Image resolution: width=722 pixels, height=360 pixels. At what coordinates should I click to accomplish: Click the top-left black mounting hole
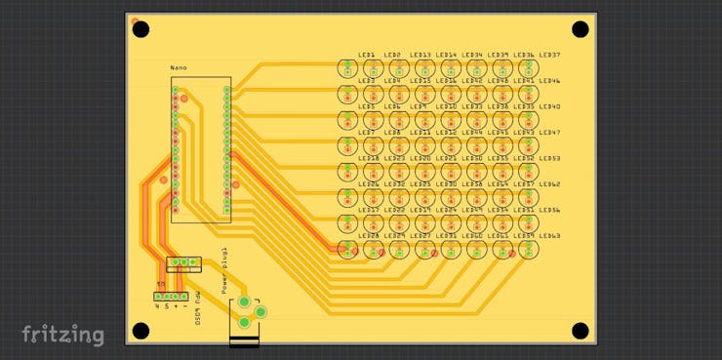tap(140, 29)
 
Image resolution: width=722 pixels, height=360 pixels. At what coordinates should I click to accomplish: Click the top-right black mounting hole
tap(581, 29)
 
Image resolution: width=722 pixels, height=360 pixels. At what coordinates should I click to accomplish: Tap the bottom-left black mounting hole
tap(140, 331)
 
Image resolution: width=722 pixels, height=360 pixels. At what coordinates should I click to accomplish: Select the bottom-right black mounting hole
tap(581, 331)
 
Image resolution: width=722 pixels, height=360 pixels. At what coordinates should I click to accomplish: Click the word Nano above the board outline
tap(179, 67)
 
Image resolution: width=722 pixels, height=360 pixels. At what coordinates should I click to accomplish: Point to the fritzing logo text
tap(62, 335)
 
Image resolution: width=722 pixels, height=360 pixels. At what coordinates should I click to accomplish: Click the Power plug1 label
tap(223, 271)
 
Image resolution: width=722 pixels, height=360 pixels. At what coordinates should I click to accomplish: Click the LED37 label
tap(549, 55)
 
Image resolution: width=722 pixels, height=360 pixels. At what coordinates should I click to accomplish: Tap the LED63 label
tap(549, 236)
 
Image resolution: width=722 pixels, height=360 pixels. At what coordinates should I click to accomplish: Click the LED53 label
tap(549, 158)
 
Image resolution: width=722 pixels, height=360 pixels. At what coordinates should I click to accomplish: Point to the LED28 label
tap(368, 236)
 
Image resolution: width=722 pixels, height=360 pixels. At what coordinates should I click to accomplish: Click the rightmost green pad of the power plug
tap(261, 311)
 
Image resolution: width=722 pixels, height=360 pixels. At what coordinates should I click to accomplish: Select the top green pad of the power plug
tap(244, 301)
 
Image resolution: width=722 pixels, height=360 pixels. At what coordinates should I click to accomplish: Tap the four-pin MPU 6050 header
tap(170, 296)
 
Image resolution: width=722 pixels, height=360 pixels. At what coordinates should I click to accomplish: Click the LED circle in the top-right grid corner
tap(528, 68)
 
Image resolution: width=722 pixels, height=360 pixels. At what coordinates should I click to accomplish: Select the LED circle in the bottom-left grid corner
tap(347, 250)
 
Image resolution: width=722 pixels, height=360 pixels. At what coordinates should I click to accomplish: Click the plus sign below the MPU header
tap(176, 306)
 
